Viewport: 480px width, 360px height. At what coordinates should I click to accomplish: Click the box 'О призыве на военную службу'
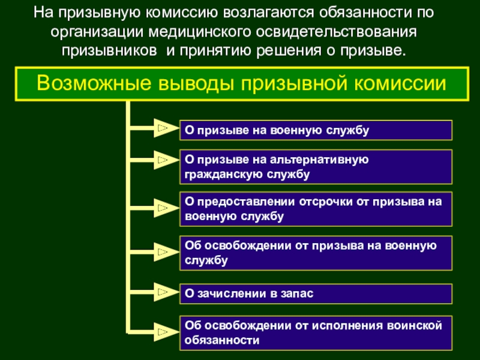316,129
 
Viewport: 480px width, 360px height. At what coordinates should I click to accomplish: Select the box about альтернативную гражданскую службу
316,167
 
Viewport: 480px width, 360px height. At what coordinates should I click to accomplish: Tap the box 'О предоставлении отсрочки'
316,209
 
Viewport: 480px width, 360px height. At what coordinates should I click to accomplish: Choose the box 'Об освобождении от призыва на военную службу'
316,253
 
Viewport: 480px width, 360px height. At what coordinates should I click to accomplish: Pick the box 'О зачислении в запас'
316,293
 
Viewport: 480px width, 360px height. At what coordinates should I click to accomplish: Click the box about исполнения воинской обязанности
316,332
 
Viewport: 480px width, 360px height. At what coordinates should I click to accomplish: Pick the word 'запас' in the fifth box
299,293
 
